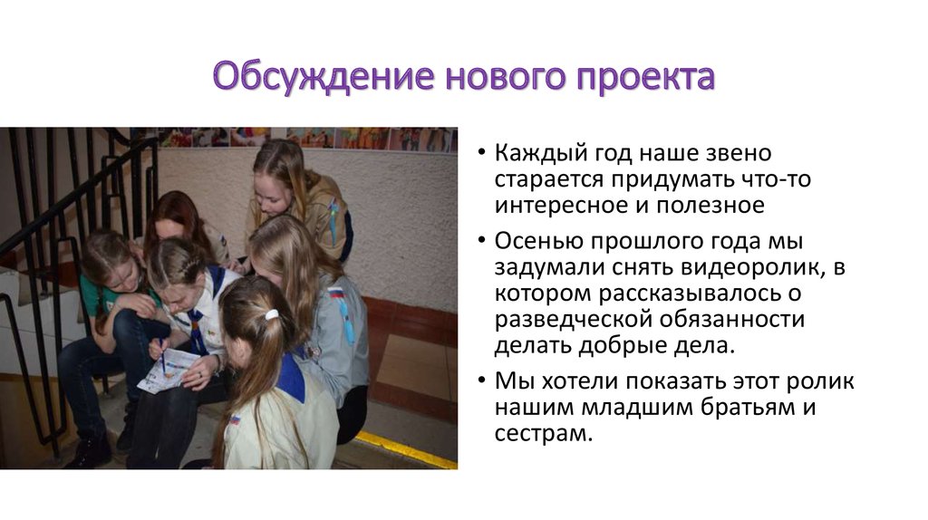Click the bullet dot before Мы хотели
[482, 382]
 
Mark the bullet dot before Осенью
[482, 243]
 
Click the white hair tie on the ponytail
[271, 315]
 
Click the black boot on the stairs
[89, 450]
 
